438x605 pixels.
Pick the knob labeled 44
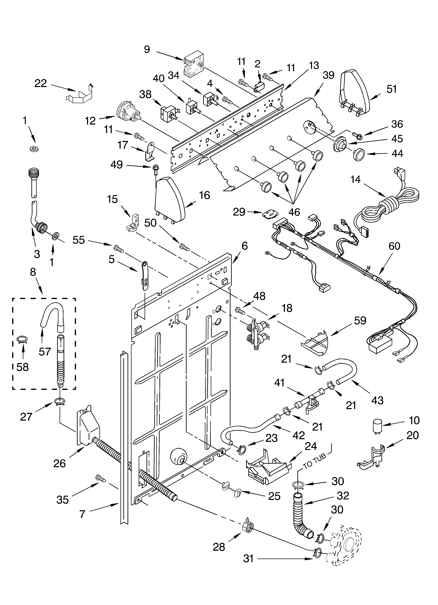coord(358,154)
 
